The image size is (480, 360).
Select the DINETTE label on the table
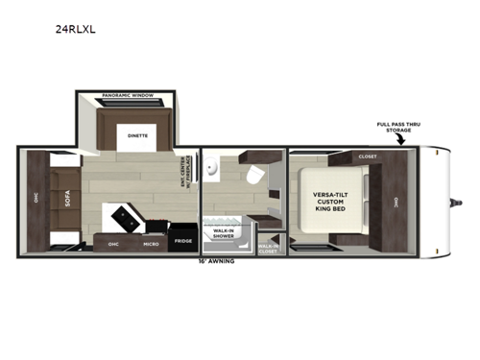click(x=138, y=136)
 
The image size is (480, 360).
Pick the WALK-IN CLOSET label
click(x=269, y=248)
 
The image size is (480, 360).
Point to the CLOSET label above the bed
click(x=367, y=156)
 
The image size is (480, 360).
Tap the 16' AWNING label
click(x=216, y=261)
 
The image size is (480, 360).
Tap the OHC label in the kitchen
click(x=113, y=244)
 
